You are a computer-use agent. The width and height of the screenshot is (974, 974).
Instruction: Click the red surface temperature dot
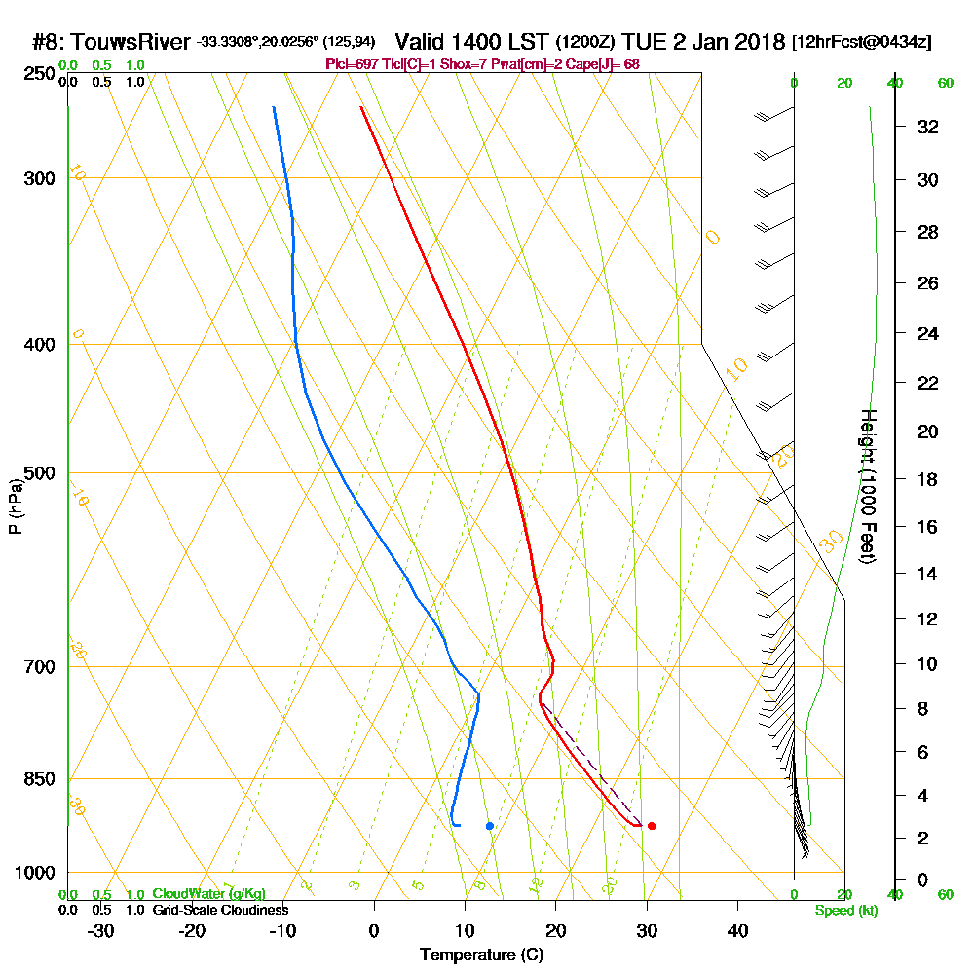pos(652,826)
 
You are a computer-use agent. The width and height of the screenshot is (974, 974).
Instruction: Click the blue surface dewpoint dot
pos(490,826)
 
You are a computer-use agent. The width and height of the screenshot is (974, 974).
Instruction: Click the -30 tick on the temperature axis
pos(101,930)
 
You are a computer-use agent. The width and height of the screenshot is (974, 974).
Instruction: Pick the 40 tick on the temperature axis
pos(737,930)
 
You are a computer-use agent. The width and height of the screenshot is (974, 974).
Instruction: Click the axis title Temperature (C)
pos(481,955)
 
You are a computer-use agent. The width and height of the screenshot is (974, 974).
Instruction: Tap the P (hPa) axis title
pos(15,506)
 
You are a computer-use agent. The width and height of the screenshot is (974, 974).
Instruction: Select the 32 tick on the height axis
pos(927,127)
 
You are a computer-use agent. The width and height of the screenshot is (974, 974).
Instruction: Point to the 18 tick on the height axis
pos(927,479)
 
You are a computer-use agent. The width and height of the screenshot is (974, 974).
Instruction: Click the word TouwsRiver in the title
pos(131,42)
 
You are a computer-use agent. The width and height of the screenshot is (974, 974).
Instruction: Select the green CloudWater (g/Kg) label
pos(208,894)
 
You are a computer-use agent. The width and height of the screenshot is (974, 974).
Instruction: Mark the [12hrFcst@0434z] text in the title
pos(862,43)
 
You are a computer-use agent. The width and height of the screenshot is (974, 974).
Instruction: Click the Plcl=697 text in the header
pos(348,64)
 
